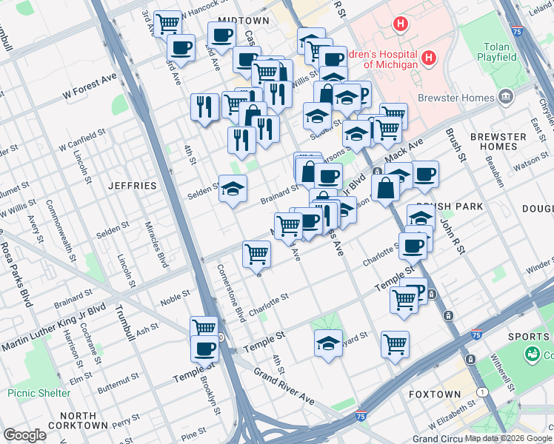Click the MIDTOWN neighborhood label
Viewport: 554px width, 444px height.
coord(243,20)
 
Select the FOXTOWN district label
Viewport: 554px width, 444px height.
coord(434,394)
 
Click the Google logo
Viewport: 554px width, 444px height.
coord(24,435)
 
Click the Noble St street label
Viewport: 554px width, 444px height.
coord(176,302)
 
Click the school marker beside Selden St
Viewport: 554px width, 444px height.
coord(233,189)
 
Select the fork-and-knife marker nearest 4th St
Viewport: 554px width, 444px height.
coord(204,106)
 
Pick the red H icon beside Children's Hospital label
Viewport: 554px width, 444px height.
coord(427,58)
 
